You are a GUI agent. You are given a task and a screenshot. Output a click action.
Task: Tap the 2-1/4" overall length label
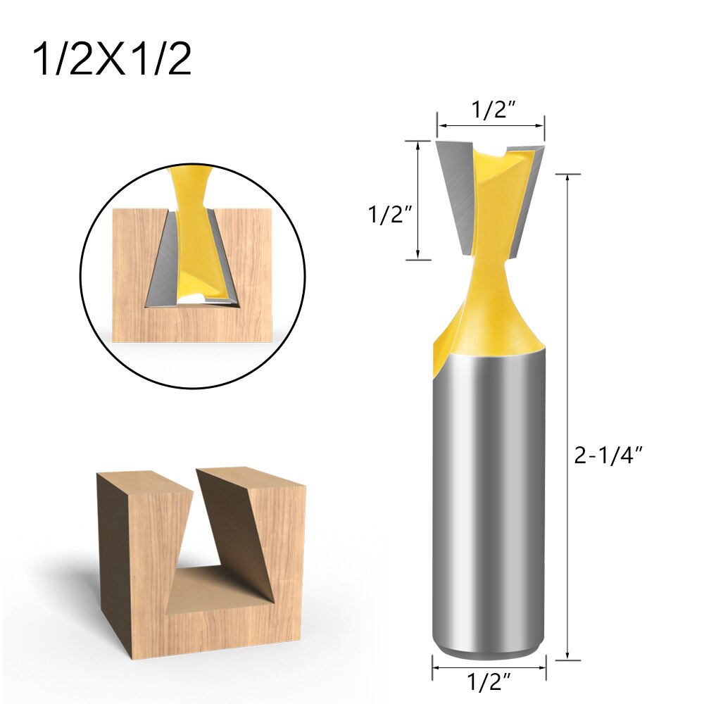(610, 455)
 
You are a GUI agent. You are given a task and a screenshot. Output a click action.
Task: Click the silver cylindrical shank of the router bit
(489, 493)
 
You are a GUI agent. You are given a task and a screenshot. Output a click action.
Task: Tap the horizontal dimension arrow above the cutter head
(490, 127)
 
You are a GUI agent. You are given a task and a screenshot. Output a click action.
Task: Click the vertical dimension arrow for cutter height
(418, 201)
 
